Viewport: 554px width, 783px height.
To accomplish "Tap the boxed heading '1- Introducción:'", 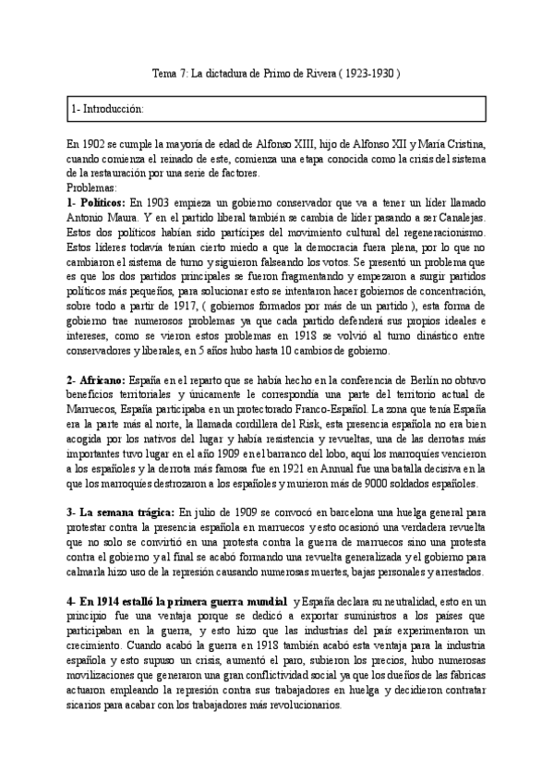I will [x=108, y=110].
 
